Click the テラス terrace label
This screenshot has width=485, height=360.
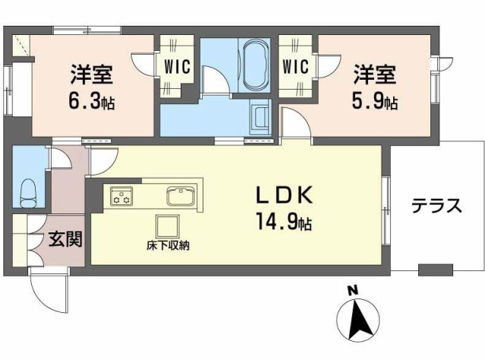click(x=437, y=206)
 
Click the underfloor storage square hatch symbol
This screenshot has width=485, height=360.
click(x=167, y=226)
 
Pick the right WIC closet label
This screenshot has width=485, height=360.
click(x=295, y=66)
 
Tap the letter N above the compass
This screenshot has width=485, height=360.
click(x=351, y=290)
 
